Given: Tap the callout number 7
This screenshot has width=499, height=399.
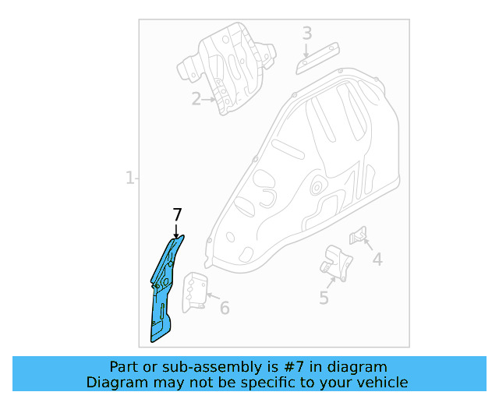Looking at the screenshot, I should [x=177, y=215].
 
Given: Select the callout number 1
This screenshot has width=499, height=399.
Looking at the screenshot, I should [x=129, y=178].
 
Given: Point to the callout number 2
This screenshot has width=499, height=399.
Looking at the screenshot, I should [x=196, y=98].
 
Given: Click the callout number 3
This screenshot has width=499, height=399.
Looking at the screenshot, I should [x=306, y=34].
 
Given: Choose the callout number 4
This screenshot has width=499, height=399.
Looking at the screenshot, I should [x=377, y=260].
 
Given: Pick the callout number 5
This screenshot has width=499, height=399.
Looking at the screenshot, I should [x=324, y=297].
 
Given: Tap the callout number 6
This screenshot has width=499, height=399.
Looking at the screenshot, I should [x=225, y=308].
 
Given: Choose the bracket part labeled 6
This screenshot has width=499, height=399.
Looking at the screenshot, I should [x=195, y=291].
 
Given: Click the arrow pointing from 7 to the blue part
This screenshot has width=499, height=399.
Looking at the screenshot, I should [x=177, y=231].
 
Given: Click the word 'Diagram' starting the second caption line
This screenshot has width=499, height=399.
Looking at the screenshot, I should [x=115, y=382].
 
